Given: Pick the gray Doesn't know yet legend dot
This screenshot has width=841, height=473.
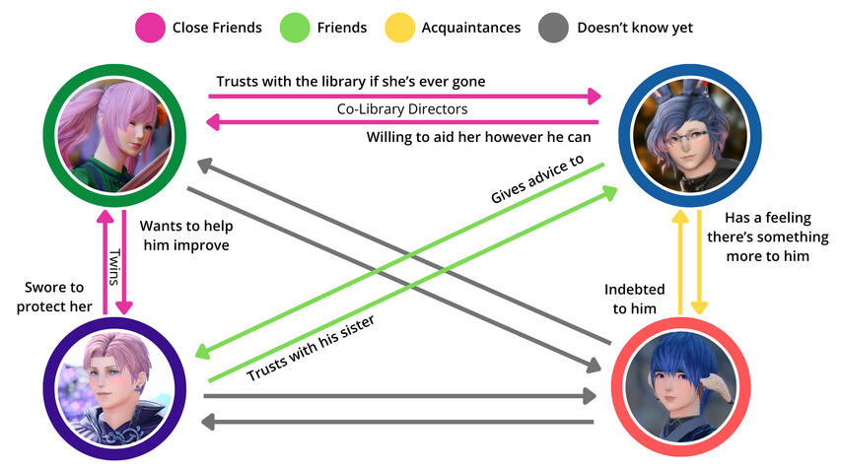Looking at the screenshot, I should [553, 28].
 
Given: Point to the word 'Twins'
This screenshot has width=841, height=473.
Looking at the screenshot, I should [113, 265].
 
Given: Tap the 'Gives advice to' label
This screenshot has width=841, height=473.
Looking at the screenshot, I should [536, 178].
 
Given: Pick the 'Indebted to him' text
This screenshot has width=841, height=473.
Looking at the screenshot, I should [635, 299].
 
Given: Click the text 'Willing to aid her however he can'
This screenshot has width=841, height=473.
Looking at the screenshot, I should [478, 137].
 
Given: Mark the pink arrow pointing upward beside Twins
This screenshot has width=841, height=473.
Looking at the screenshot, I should [101, 262].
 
